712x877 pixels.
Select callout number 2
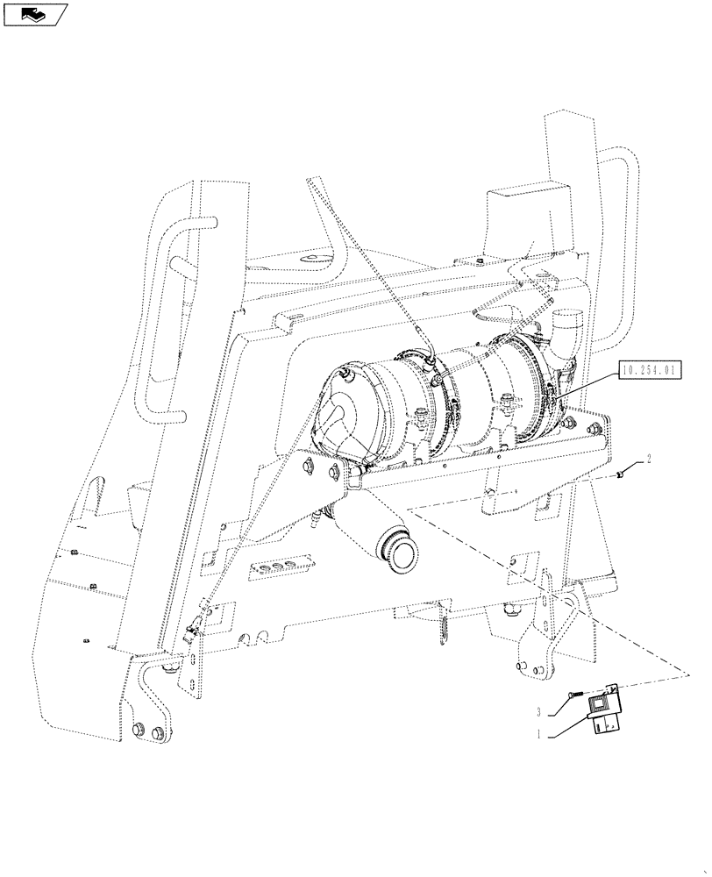click(x=649, y=458)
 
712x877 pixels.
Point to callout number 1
click(x=541, y=735)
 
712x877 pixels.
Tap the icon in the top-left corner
click(x=34, y=14)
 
